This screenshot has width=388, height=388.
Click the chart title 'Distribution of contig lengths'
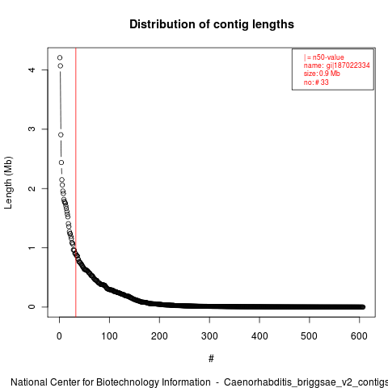(x=212, y=24)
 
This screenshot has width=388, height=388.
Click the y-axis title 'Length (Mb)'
(x=8, y=183)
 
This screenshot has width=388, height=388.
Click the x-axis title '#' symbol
(x=211, y=359)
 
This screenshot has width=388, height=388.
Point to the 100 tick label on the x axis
(x=109, y=336)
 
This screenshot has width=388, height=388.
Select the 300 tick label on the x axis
(x=209, y=336)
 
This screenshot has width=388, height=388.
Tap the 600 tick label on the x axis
(x=359, y=336)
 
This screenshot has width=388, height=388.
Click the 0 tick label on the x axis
(x=59, y=336)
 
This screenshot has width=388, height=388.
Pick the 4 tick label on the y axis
(x=32, y=70)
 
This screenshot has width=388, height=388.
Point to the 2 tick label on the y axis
(x=32, y=188)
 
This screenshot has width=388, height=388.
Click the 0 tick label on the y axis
(x=32, y=307)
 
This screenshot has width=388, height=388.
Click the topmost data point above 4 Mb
(x=60, y=57)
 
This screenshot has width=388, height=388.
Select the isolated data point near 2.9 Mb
(x=61, y=135)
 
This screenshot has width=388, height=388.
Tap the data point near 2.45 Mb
(x=61, y=162)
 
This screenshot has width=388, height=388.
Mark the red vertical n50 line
(x=76, y=183)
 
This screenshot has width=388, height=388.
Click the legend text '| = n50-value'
(x=323, y=57)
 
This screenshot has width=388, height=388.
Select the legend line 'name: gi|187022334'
(x=336, y=65)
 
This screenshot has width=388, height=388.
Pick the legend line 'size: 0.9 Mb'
(x=322, y=74)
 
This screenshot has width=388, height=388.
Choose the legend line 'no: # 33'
(x=316, y=82)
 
